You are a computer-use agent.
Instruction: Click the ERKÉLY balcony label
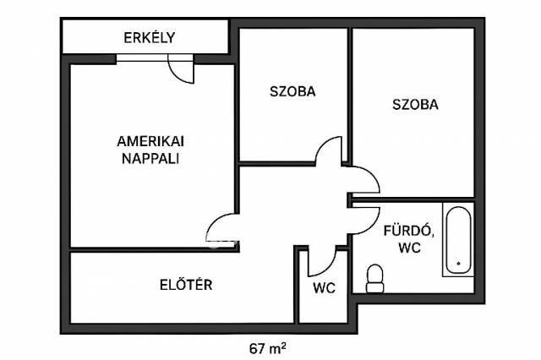(x=150, y=37)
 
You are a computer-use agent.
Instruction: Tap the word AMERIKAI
(x=150, y=141)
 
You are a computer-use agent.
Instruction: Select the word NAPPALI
(x=150, y=159)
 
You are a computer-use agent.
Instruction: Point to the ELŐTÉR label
(x=186, y=285)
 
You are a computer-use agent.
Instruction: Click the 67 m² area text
(x=268, y=349)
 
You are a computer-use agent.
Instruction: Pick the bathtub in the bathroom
(x=458, y=240)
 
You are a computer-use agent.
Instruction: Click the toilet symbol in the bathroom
(x=374, y=279)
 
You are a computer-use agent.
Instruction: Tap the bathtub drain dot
(x=458, y=264)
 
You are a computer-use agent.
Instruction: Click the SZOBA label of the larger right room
(x=415, y=105)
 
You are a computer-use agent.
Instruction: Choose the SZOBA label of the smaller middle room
(x=292, y=91)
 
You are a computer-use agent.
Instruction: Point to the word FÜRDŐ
(x=409, y=231)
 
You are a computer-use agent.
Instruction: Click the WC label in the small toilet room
(x=325, y=288)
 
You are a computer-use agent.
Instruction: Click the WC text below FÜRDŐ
(x=409, y=248)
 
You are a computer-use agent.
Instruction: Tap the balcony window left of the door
(x=143, y=58)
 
